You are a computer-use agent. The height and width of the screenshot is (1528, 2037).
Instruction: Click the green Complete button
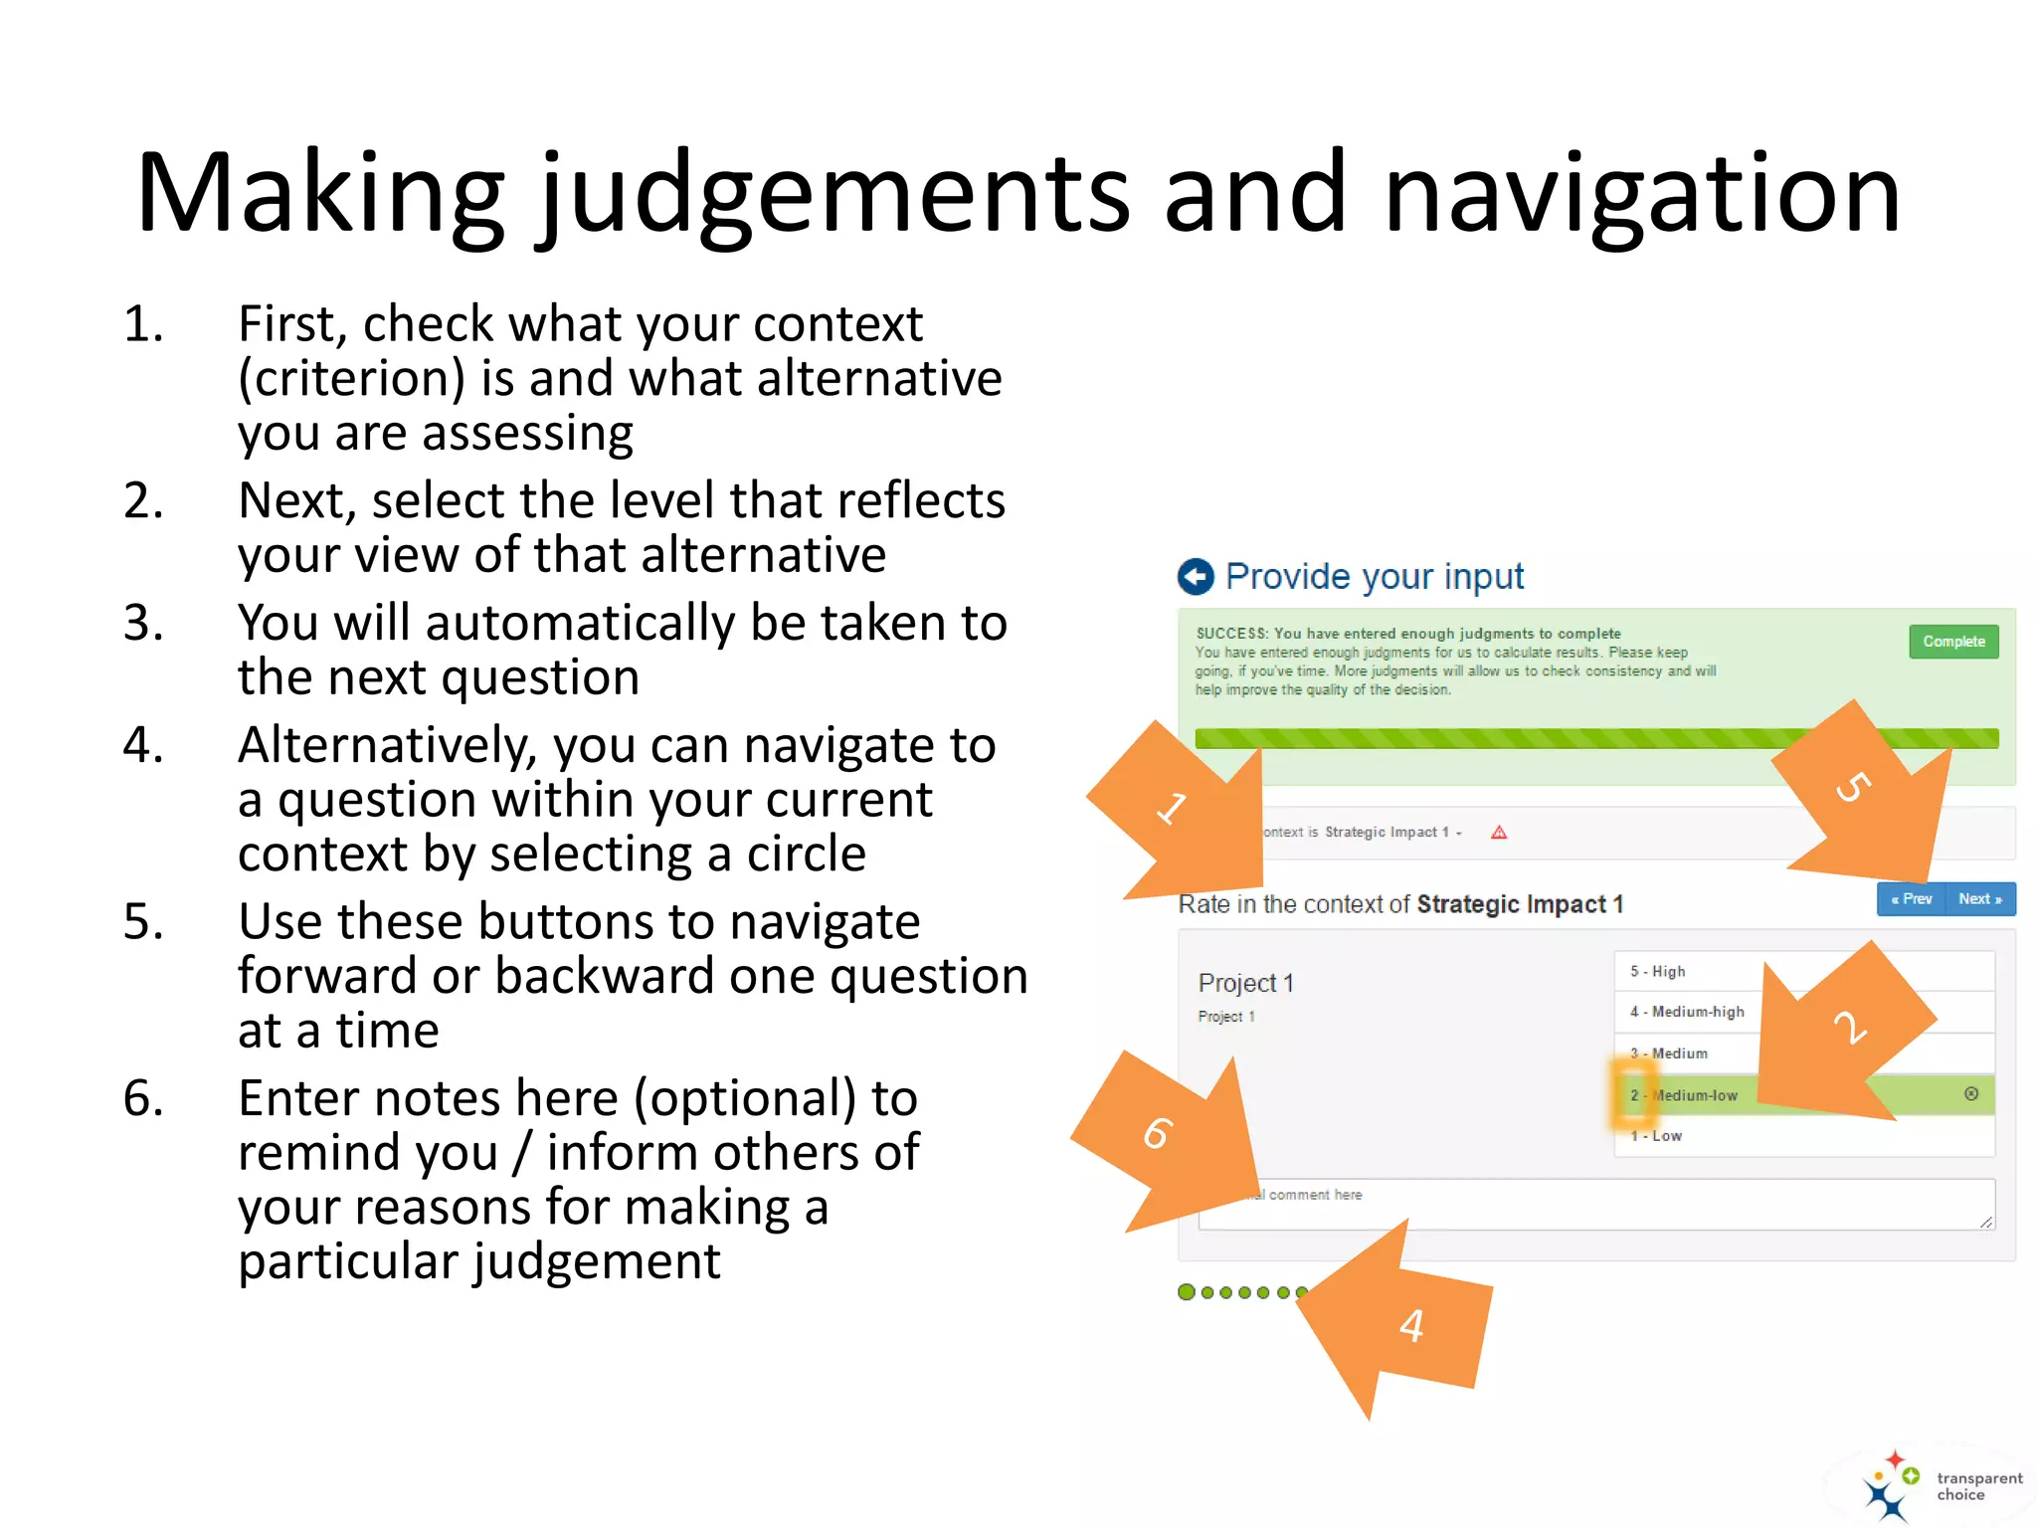coord(1952,642)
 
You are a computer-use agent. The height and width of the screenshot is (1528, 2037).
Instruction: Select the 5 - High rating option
coord(1658,971)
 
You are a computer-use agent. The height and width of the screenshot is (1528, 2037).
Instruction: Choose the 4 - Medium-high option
coord(1687,1012)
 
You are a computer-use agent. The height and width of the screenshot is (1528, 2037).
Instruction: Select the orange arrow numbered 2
coord(1840,1035)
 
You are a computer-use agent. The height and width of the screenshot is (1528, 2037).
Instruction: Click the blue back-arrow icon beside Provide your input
coord(1196,576)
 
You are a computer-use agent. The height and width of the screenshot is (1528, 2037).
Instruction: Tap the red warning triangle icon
coord(1499,833)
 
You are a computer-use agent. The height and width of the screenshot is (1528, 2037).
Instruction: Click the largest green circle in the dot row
coord(1186,1292)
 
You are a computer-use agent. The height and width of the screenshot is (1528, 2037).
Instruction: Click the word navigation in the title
coord(1641,194)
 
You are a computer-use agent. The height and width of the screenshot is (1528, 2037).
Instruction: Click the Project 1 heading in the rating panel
coord(1245,983)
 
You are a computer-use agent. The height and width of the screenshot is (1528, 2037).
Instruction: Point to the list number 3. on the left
coord(143,623)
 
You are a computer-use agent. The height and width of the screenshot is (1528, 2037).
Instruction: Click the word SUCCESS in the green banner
coord(1231,634)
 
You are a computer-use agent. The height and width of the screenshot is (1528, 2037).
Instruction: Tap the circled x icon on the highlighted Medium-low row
coord(1970,1094)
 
